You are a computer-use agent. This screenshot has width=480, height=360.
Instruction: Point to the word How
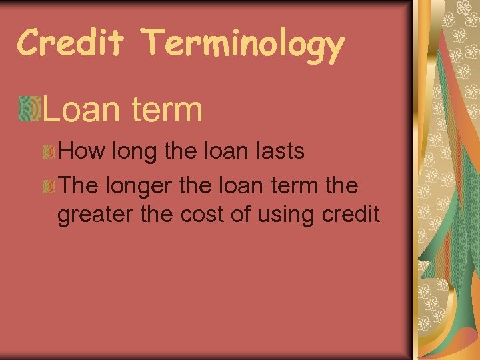click(82, 151)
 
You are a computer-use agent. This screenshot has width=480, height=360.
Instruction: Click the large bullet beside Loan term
click(31, 109)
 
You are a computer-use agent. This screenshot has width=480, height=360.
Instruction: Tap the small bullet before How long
click(48, 152)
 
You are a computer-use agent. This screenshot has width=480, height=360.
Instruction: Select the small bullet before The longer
click(48, 187)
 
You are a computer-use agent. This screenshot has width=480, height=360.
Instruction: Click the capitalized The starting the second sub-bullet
click(78, 185)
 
